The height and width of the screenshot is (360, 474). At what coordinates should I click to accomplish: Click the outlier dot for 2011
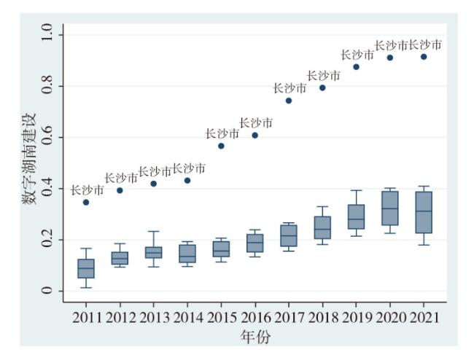point(86,202)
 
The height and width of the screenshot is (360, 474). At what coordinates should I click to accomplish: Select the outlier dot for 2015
point(221,146)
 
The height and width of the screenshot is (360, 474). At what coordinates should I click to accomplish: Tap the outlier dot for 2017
point(289,101)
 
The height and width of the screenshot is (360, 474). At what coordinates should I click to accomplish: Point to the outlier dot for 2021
point(424,57)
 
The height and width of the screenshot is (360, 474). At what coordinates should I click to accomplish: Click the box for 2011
point(86,268)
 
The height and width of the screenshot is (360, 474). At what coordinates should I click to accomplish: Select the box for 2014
point(187,254)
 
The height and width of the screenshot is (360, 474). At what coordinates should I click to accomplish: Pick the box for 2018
point(322,227)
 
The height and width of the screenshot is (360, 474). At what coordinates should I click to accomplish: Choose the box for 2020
point(390,208)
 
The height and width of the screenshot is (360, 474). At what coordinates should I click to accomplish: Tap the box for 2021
point(424,212)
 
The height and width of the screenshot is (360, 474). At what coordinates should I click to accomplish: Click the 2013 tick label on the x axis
point(154,318)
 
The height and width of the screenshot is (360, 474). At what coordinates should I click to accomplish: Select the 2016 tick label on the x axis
point(255,318)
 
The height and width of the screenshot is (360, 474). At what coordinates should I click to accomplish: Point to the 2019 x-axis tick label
point(356,318)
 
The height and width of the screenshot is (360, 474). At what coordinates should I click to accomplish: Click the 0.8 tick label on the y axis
point(50,86)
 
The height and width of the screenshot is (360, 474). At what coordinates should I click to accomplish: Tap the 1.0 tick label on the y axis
point(50,34)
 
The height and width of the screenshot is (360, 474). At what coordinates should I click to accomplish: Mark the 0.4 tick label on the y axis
point(50,189)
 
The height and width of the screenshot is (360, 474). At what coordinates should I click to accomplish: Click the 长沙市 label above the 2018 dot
point(323,75)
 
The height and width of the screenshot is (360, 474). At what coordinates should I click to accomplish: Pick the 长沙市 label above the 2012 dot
point(121,178)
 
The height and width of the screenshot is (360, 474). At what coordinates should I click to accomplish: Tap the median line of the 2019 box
point(356,219)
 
